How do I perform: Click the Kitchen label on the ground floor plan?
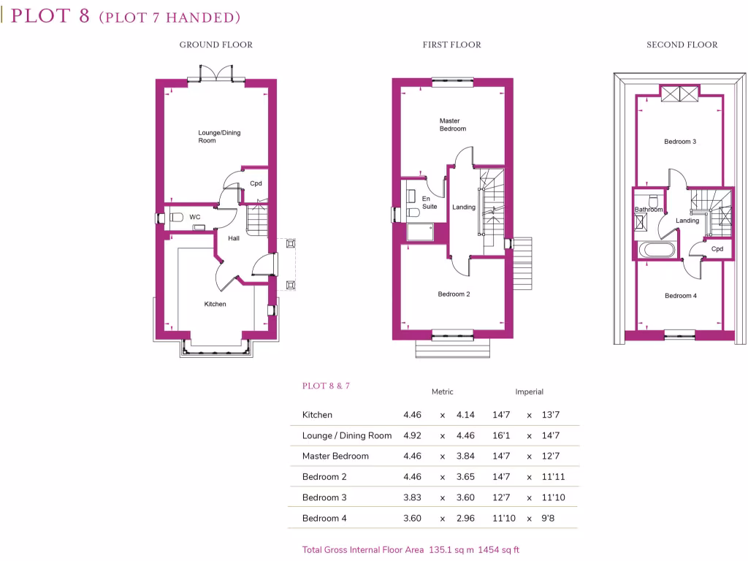tap(215, 304)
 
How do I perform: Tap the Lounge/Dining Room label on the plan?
tap(218, 137)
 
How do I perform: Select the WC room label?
tap(194, 217)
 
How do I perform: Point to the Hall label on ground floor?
tap(233, 238)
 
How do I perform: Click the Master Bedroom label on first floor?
tap(452, 125)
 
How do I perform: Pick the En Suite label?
tap(429, 202)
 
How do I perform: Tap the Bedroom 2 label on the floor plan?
tap(453, 294)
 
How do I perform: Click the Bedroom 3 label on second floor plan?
tap(679, 142)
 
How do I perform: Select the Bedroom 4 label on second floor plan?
tap(680, 296)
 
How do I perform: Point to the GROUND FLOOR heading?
tap(216, 45)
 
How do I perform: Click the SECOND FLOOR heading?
tap(682, 45)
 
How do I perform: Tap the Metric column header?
tap(442, 392)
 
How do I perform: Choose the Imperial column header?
tap(529, 392)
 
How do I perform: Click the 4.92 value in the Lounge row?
tap(412, 435)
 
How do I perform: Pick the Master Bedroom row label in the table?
tap(335, 456)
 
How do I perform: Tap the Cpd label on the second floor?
tap(717, 249)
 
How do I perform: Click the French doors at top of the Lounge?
tap(217, 74)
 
